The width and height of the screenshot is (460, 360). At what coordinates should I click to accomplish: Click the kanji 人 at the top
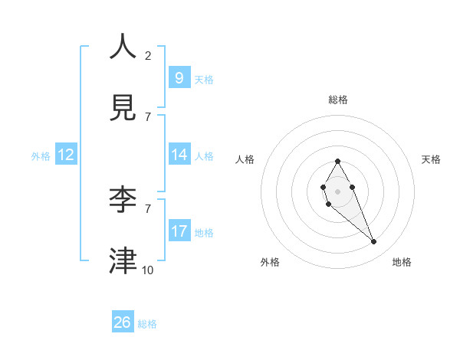point(123,47)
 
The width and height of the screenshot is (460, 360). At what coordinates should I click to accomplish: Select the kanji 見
point(123,108)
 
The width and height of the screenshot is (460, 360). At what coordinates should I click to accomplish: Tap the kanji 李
point(123,200)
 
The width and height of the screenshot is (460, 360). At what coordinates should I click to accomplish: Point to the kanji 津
point(123,261)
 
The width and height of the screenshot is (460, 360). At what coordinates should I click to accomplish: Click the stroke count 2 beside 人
point(148,56)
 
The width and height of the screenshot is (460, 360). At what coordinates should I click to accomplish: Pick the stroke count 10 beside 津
point(148,270)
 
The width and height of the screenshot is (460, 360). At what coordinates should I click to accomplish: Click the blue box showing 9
point(179,78)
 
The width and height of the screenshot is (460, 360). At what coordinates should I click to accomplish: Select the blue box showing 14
point(179,155)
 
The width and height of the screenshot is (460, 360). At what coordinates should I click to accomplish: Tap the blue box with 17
point(179,231)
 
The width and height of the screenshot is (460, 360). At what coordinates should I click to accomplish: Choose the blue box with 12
point(66,155)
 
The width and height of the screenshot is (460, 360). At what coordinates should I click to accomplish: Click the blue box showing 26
point(123,322)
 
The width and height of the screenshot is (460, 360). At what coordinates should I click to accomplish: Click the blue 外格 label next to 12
point(41,155)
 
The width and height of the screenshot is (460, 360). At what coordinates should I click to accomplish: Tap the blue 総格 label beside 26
point(147,324)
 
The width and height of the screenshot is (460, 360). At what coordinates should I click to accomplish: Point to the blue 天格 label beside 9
point(204,80)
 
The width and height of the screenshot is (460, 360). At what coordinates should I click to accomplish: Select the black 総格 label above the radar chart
point(338,100)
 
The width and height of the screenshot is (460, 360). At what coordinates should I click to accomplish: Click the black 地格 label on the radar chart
point(402,262)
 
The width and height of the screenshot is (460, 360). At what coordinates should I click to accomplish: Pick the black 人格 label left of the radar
point(245,159)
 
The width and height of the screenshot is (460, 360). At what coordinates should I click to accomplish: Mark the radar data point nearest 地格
point(374,242)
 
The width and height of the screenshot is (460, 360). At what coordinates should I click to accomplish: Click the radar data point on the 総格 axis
point(337,161)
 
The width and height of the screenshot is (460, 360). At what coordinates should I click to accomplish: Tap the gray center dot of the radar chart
point(337,191)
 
